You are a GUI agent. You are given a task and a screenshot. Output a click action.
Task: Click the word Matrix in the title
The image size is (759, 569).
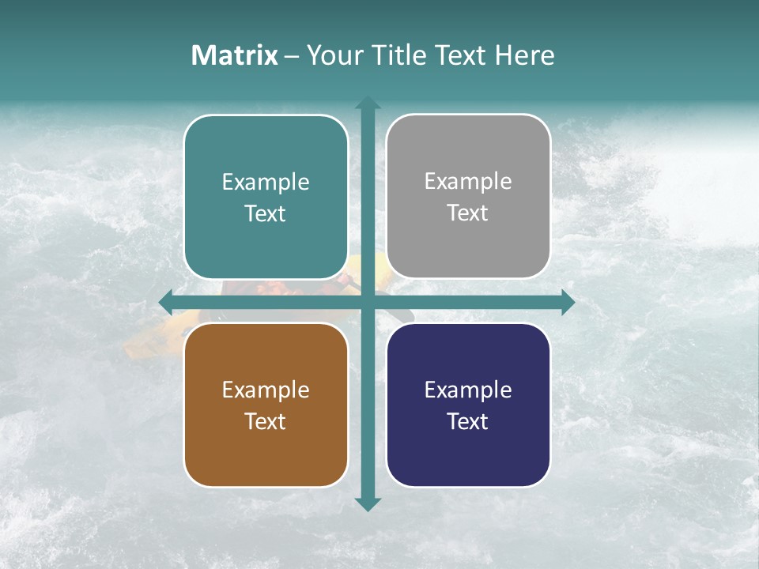click(234, 55)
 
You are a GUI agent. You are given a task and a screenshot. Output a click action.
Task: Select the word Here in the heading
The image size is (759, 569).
click(524, 55)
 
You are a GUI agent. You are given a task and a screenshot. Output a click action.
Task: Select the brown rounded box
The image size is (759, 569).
click(266, 458)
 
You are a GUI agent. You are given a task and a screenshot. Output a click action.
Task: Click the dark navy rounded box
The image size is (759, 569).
click(468, 458)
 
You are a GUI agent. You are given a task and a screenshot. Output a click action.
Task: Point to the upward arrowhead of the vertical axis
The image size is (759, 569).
click(368, 103)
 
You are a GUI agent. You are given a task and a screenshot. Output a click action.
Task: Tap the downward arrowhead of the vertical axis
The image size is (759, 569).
click(368, 504)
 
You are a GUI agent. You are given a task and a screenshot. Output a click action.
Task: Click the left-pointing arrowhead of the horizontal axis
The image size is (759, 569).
click(166, 302)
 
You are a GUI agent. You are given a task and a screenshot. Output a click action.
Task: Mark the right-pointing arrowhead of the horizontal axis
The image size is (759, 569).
click(568, 302)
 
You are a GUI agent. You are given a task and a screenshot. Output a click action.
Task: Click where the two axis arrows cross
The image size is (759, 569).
click(368, 302)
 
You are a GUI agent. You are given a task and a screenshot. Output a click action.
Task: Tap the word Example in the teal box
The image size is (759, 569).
click(266, 183)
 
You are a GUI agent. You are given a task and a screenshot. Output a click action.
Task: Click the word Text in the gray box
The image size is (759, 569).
click(468, 213)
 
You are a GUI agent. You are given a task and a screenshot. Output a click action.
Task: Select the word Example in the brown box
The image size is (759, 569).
click(266, 390)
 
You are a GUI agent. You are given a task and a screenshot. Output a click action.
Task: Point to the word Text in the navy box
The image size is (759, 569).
click(468, 421)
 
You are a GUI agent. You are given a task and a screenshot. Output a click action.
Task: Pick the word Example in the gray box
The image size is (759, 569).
click(468, 182)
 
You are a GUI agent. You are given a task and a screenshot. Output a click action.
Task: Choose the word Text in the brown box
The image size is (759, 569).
click(266, 421)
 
